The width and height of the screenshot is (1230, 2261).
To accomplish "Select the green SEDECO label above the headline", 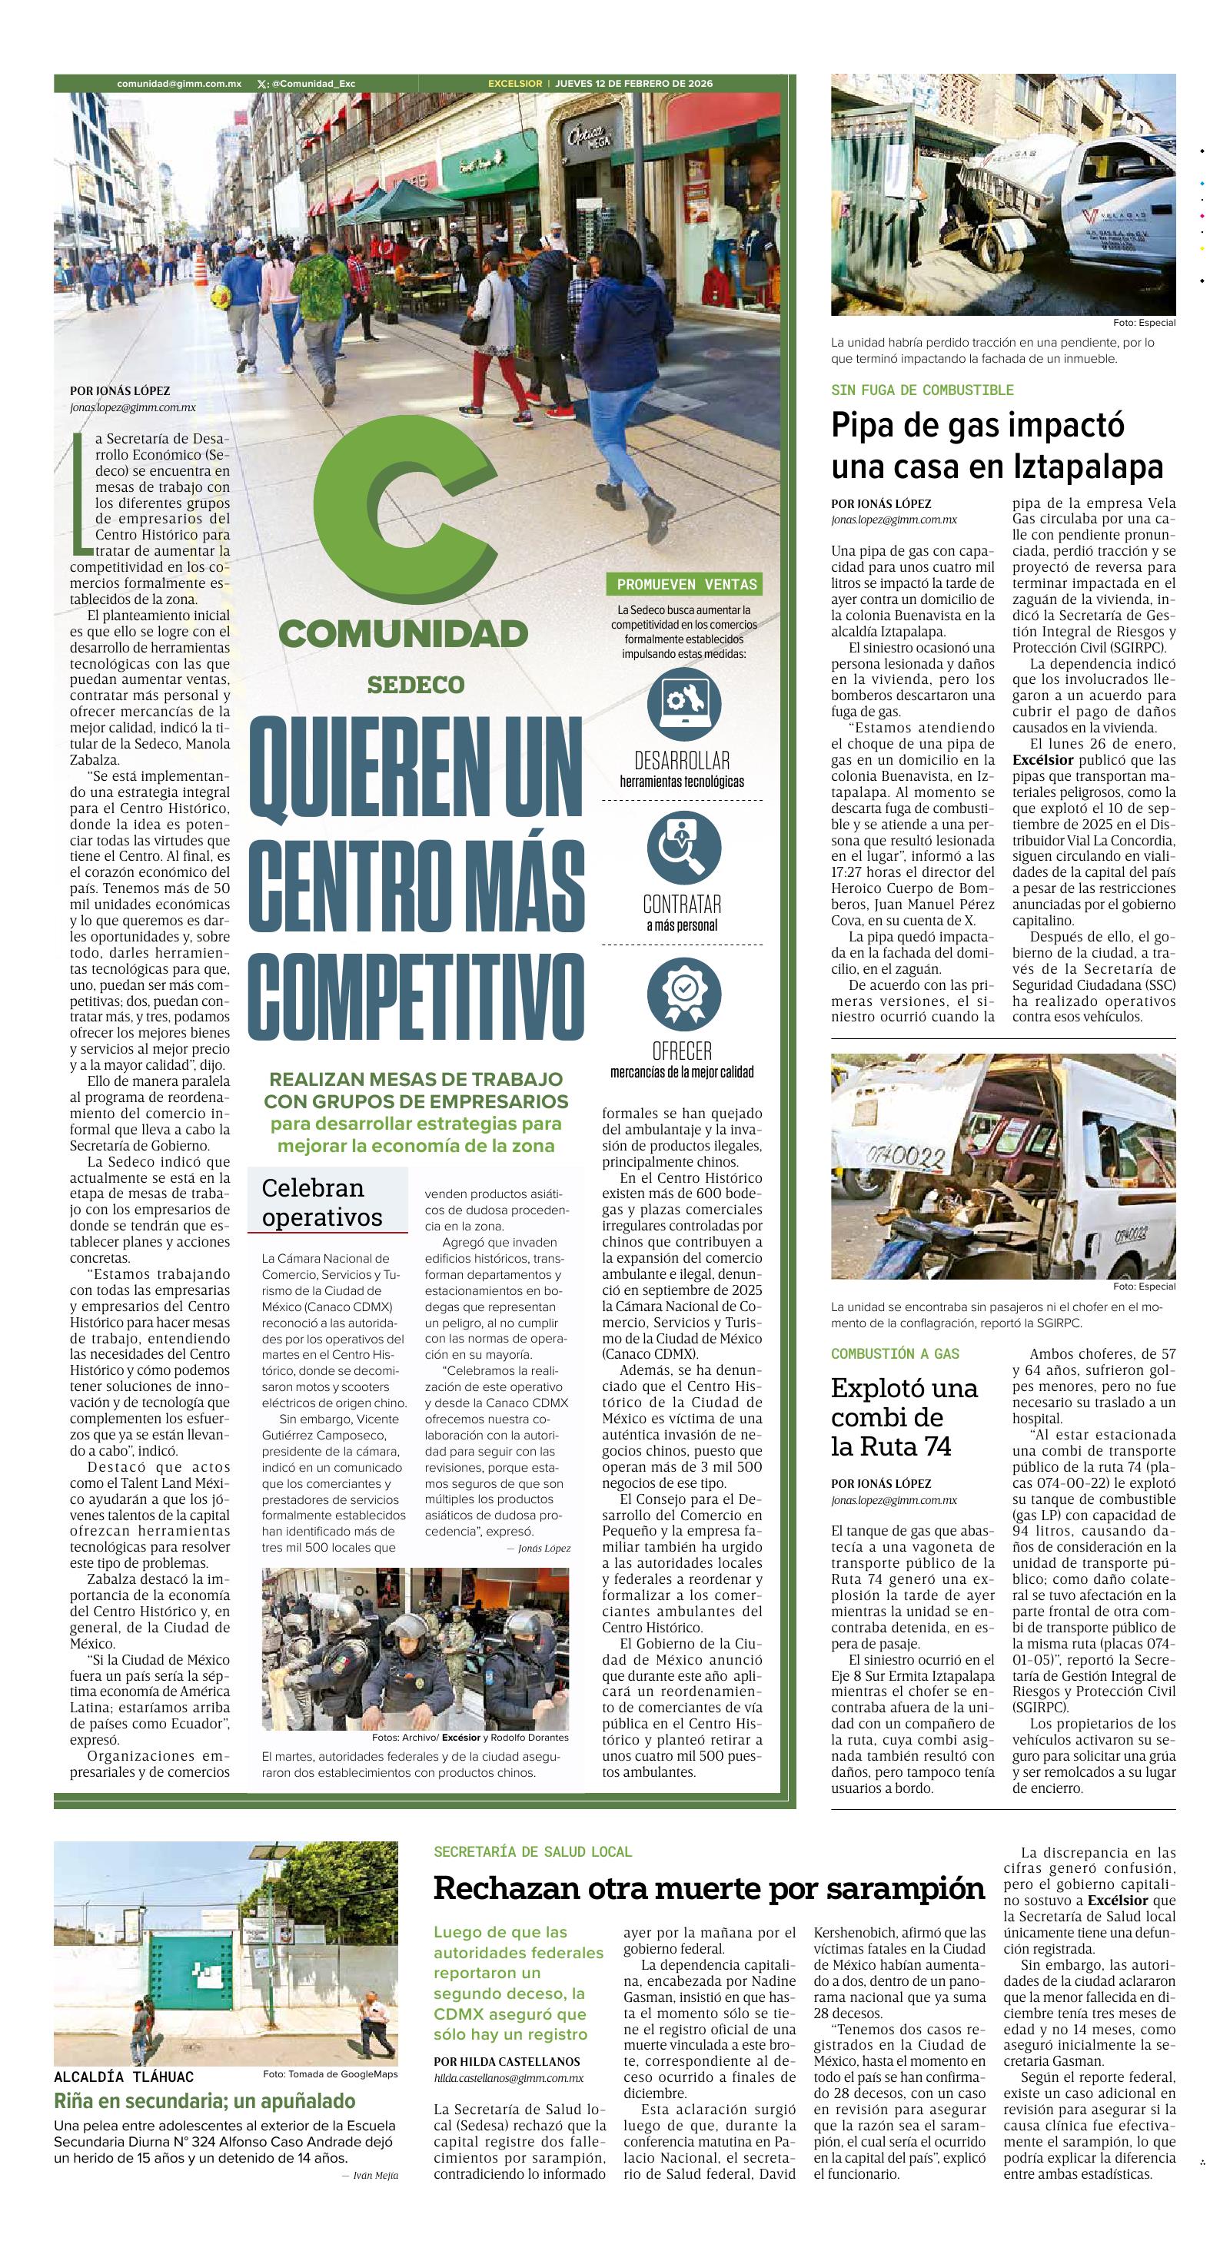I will coord(416,685).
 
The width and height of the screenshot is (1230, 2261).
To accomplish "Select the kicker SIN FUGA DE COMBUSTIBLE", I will coord(922,390).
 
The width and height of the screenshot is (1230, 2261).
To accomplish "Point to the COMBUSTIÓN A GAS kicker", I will coord(896,1353).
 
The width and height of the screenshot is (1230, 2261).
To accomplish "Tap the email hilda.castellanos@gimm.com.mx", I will coord(508,2078).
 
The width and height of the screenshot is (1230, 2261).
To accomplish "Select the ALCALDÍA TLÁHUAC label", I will coord(124,2077).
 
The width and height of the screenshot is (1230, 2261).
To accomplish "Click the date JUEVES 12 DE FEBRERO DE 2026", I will coord(634,83).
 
